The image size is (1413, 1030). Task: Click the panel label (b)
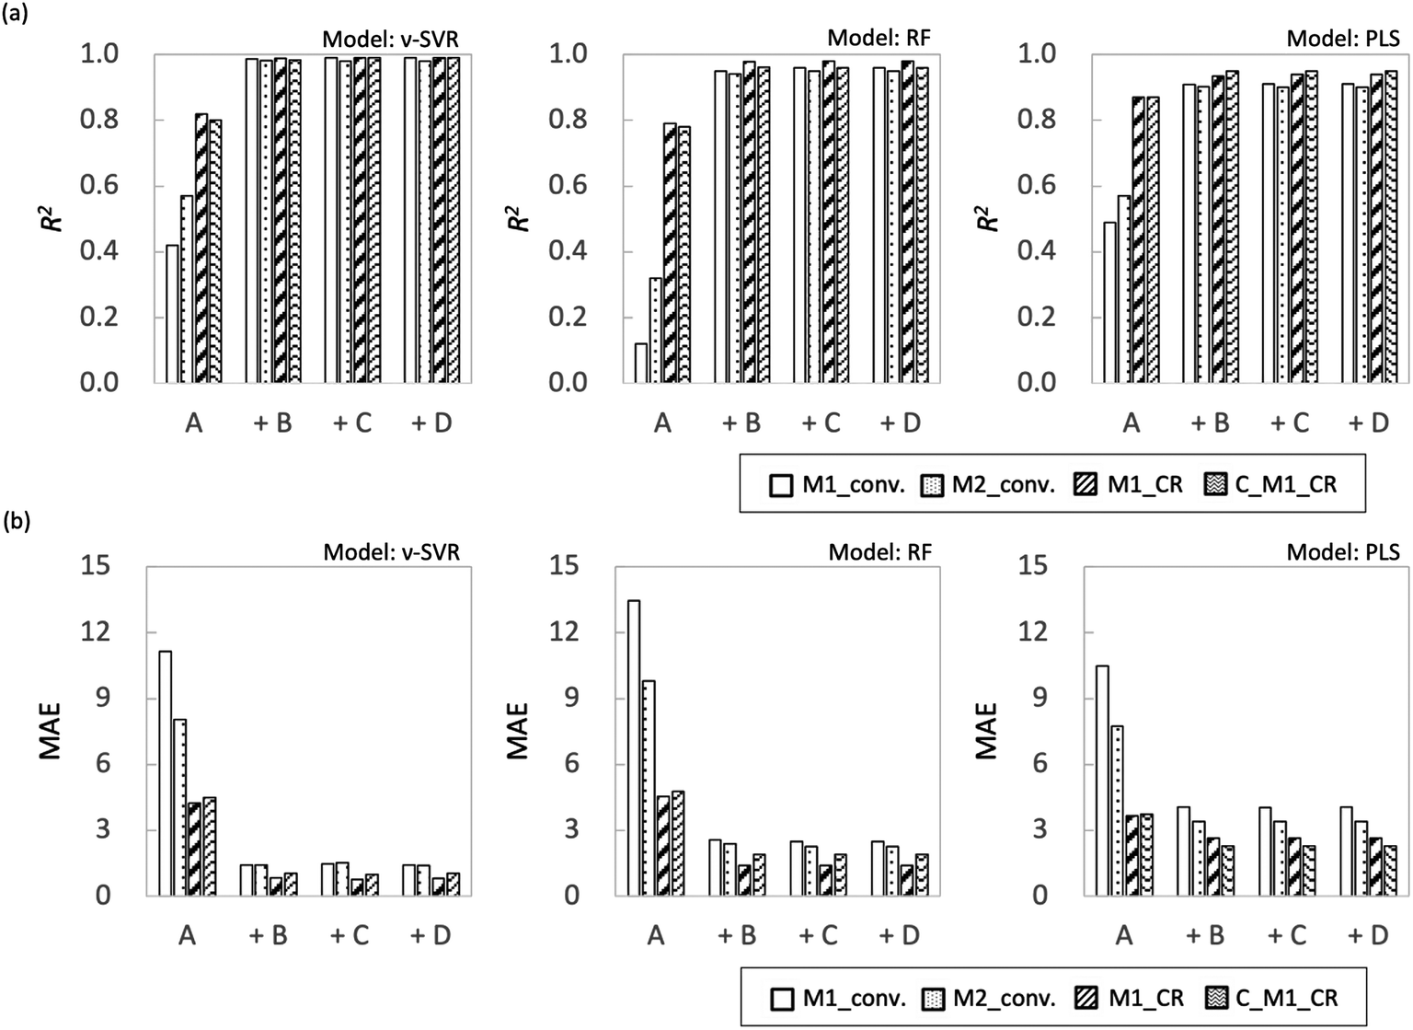(16, 523)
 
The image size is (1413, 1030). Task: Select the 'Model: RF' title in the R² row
(879, 38)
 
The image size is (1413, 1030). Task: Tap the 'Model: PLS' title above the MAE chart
(1342, 551)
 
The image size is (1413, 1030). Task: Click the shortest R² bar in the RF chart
(640, 363)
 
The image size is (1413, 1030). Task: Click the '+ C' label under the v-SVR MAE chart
(350, 935)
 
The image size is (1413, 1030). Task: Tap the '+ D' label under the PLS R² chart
(1368, 423)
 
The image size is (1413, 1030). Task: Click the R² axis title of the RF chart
(520, 217)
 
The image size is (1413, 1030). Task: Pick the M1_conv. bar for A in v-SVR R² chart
(172, 313)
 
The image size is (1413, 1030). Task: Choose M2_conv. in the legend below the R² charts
(989, 485)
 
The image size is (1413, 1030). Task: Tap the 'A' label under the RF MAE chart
(655, 935)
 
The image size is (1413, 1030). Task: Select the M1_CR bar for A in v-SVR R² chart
(201, 248)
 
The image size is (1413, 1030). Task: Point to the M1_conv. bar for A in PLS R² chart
(1109, 302)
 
